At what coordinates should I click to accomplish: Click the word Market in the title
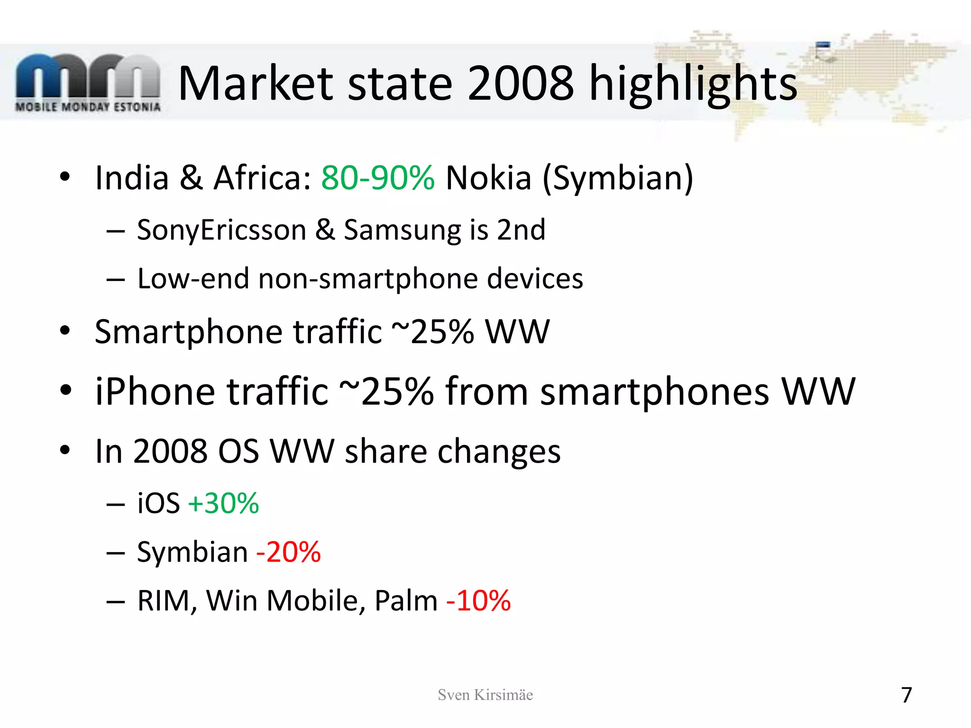point(256,84)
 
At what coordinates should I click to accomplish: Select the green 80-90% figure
point(378,178)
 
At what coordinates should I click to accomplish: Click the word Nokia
point(488,178)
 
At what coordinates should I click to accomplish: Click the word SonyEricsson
point(221,231)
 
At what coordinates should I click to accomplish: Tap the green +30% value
point(223,503)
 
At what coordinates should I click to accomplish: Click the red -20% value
point(289,552)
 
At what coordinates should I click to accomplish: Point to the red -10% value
point(478,601)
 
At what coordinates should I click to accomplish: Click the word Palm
point(406,601)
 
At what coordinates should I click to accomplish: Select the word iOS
point(158,503)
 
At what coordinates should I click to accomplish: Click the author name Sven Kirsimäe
point(485,695)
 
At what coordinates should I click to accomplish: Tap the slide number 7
point(906,695)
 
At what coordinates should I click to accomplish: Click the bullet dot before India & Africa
point(65,177)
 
